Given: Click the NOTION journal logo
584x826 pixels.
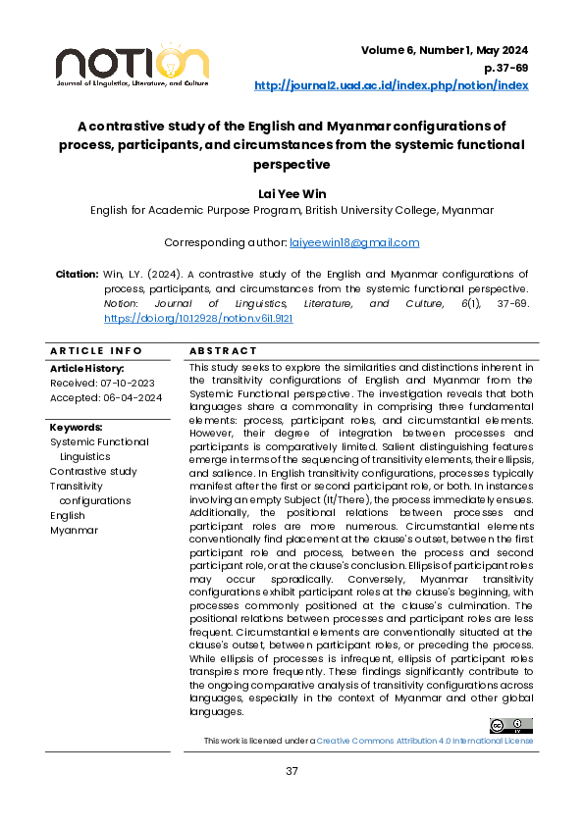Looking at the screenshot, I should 132,65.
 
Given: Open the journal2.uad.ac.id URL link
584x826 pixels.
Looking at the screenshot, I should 391,85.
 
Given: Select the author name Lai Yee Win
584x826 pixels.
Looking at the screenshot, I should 292,193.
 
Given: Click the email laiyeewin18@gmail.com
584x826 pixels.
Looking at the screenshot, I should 354,242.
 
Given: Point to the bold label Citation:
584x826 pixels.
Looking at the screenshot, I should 77,274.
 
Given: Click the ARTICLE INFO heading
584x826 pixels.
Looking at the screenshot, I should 89,351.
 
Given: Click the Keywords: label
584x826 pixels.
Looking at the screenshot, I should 76,428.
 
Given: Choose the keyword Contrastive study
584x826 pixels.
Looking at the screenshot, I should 93,471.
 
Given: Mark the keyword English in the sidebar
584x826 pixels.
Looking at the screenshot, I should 68,515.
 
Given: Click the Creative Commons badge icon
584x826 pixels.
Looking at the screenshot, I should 510,725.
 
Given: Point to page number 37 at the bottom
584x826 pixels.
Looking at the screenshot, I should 292,771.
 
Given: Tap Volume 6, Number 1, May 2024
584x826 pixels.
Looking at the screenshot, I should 445,50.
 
